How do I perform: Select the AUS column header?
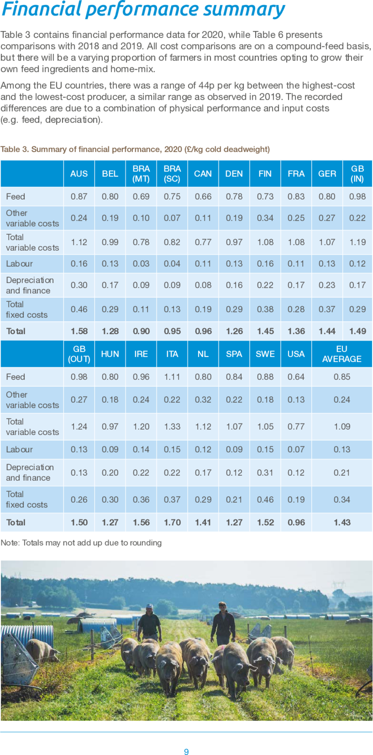pos(79,174)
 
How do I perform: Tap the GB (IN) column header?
pos(357,174)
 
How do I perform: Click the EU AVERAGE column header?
pos(342,354)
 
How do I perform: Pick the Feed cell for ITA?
pos(172,377)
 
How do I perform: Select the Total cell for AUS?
pos(79,331)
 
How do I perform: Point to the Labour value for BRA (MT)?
pos(141,264)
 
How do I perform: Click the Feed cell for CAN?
pos(203,196)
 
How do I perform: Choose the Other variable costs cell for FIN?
pos(265,218)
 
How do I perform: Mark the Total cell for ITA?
pos(172,522)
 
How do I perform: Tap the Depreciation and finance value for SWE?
pos(265,472)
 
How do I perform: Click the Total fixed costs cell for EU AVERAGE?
pos(342,499)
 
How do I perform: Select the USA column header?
pos(296,354)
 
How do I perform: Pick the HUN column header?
pos(110,354)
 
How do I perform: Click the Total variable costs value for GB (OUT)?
pos(79,426)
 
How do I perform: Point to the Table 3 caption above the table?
pos(135,149)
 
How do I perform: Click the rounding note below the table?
pos(81,542)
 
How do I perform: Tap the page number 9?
pos(186,752)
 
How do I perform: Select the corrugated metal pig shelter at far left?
pos(27,638)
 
